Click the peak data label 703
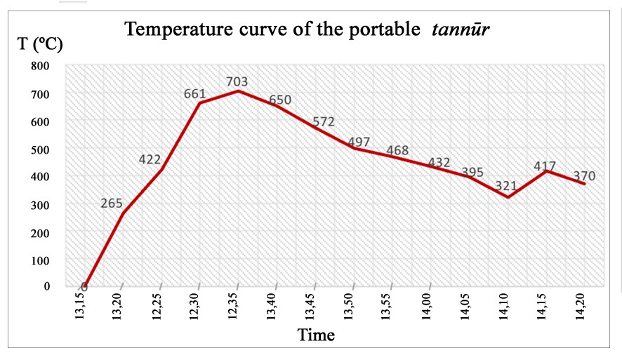(237, 82)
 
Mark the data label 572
(323, 122)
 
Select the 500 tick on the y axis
(41, 149)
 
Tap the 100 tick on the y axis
(41, 260)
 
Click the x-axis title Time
(316, 335)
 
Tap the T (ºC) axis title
(40, 44)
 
